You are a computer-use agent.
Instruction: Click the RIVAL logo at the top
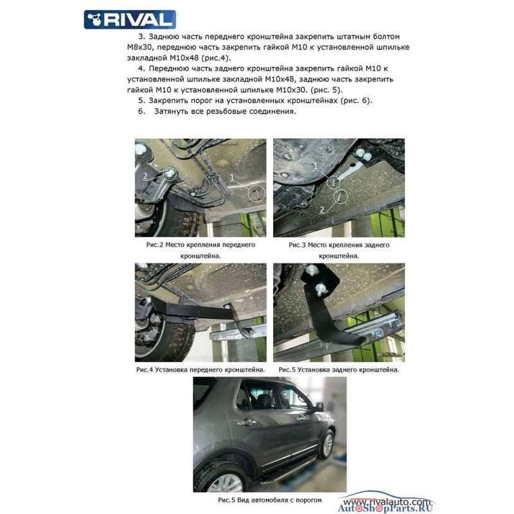coord(130,19)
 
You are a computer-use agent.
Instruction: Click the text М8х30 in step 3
coord(139,47)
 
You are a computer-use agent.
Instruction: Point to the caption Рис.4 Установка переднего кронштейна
coord(200,370)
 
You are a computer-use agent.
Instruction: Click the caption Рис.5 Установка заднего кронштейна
coord(339,370)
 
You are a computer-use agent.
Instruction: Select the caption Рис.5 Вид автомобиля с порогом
coord(270,500)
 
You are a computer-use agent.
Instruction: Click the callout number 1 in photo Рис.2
coord(232,177)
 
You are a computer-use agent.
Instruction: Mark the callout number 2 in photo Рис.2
coord(145,176)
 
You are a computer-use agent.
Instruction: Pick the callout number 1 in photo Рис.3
coord(315,166)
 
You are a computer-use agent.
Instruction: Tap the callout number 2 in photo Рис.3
coord(322,209)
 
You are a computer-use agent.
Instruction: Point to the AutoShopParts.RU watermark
coord(385,508)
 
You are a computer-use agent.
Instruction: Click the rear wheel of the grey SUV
coord(224,479)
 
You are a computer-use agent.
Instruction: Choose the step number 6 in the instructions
coord(141,111)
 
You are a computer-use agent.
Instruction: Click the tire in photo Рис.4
coord(166,338)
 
